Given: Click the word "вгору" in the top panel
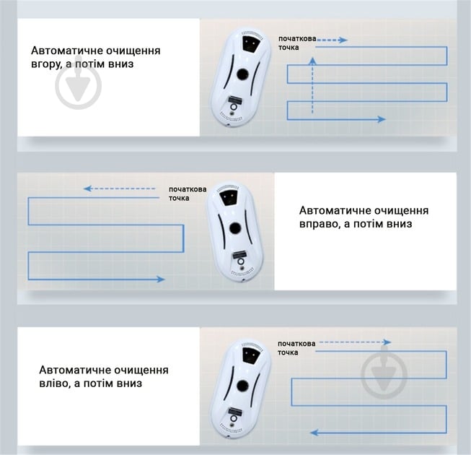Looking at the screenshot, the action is coord(46,64).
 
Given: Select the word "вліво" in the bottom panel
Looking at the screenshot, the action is coord(54,383).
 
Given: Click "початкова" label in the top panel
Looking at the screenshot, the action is coord(297,39).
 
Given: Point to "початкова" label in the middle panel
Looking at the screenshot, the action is coord(188,189).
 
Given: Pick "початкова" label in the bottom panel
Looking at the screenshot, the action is coord(296,344).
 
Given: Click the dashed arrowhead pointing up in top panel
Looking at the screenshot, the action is coord(313,61).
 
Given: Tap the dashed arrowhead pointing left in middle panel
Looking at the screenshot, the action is coord(87,188).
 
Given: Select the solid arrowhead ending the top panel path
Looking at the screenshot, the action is coord(382,119).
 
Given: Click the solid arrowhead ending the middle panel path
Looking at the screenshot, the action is coord(161,279).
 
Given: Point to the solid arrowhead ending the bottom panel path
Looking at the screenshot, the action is coord(314,433).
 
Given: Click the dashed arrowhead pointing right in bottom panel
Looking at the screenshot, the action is coord(387,342).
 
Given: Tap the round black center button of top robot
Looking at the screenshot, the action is coord(242,74).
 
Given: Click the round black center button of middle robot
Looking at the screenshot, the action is coord(235,228).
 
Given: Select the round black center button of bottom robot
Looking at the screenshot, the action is coord(242,386).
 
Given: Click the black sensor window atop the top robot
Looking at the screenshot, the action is coord(251,43).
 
